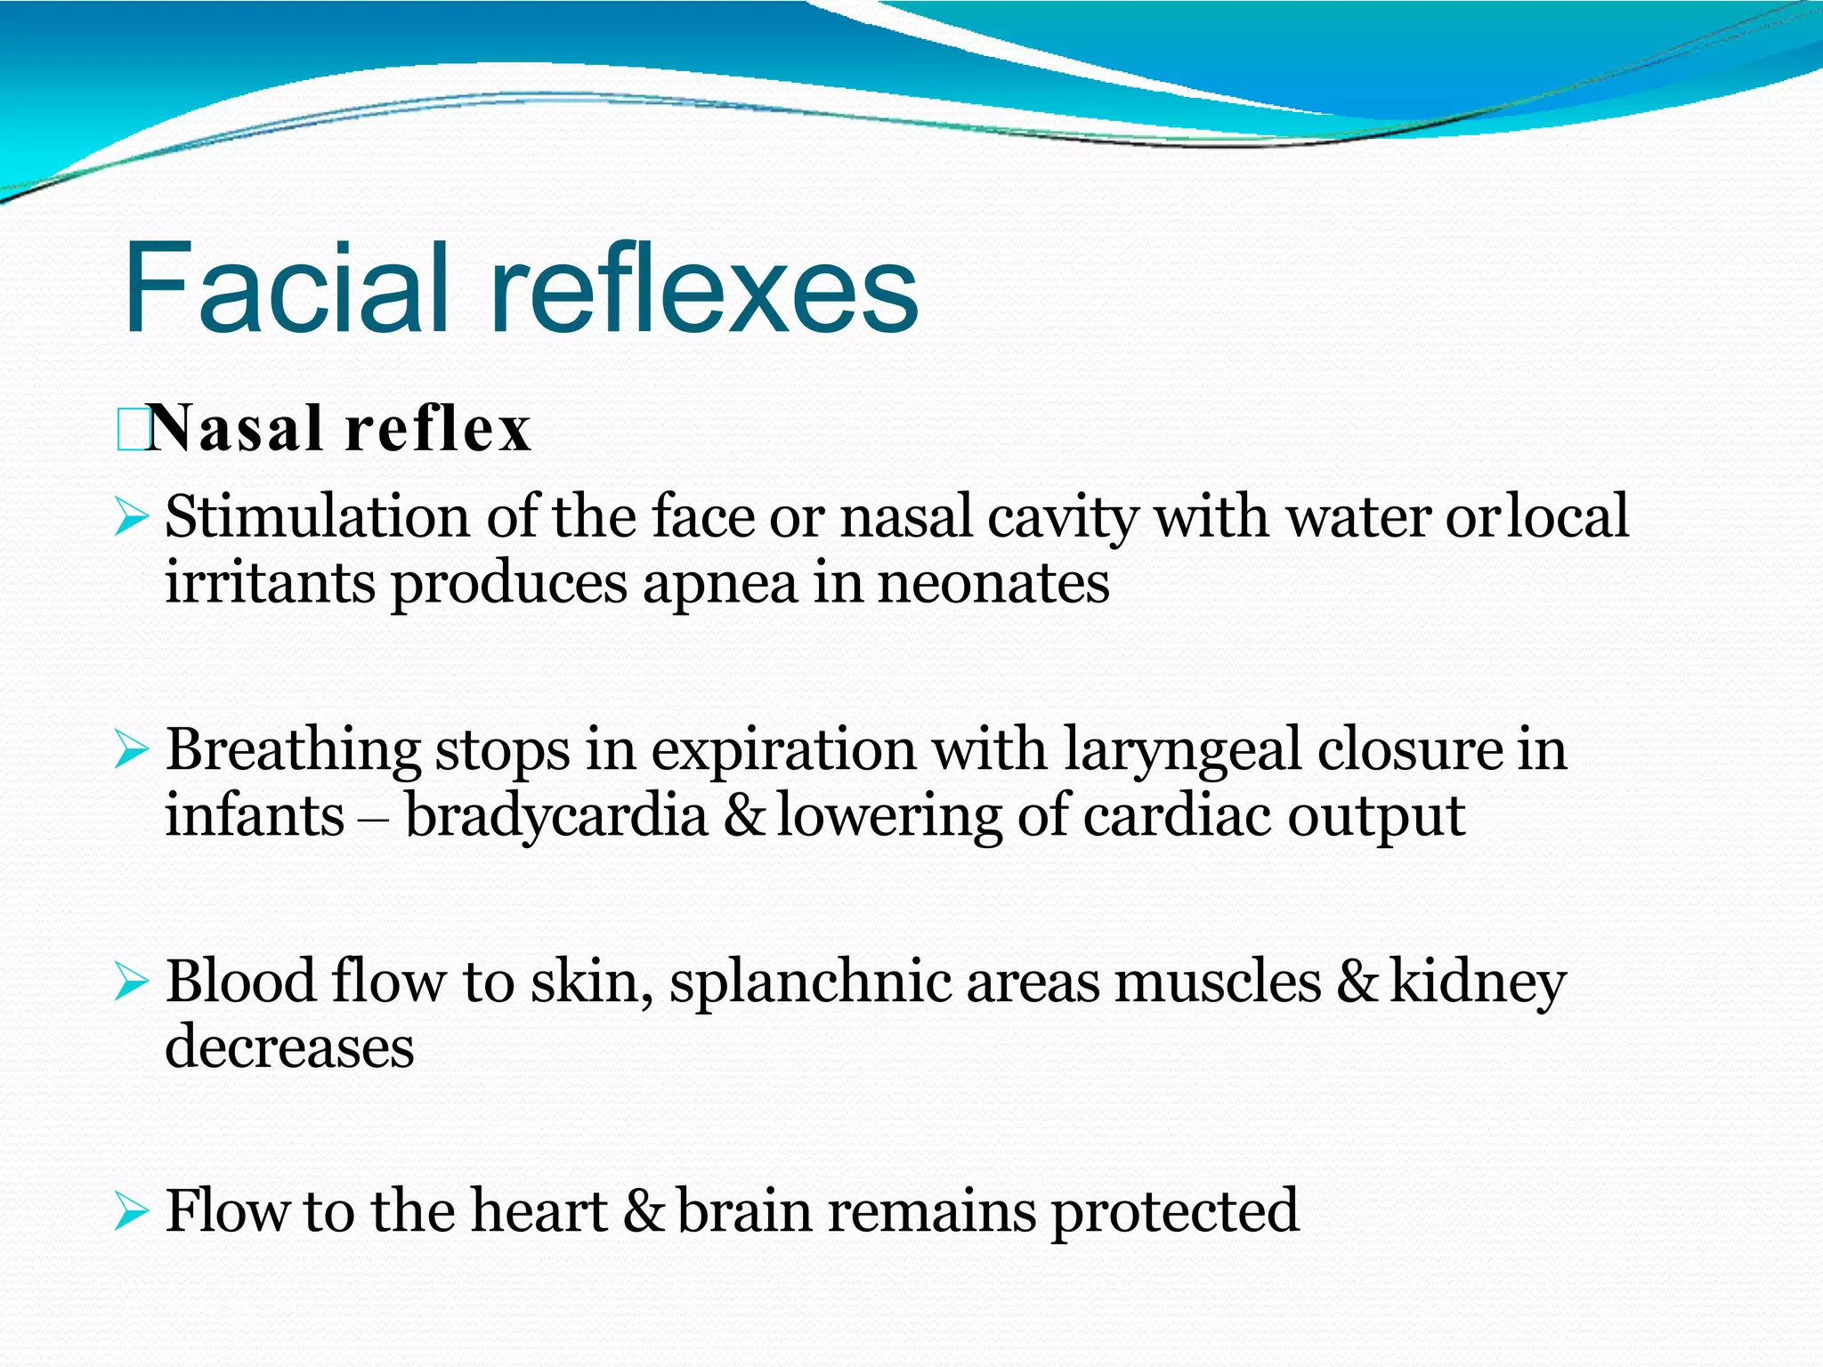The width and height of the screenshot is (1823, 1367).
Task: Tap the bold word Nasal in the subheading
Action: point(235,429)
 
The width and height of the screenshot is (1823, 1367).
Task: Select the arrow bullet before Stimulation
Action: point(130,517)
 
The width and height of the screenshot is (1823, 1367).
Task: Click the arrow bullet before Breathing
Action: point(130,750)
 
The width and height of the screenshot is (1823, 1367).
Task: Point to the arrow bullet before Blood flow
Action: point(130,982)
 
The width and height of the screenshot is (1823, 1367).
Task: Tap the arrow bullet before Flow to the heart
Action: point(130,1211)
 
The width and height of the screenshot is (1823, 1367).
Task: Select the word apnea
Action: point(719,584)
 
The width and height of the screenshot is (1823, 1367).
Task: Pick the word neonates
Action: point(993,584)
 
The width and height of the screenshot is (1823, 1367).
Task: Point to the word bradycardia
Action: point(556,816)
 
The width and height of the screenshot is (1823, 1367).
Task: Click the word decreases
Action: point(289,1047)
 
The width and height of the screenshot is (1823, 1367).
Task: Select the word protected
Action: point(1174,1212)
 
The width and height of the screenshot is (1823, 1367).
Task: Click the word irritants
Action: point(270,584)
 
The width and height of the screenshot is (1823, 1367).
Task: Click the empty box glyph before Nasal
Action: point(130,430)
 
